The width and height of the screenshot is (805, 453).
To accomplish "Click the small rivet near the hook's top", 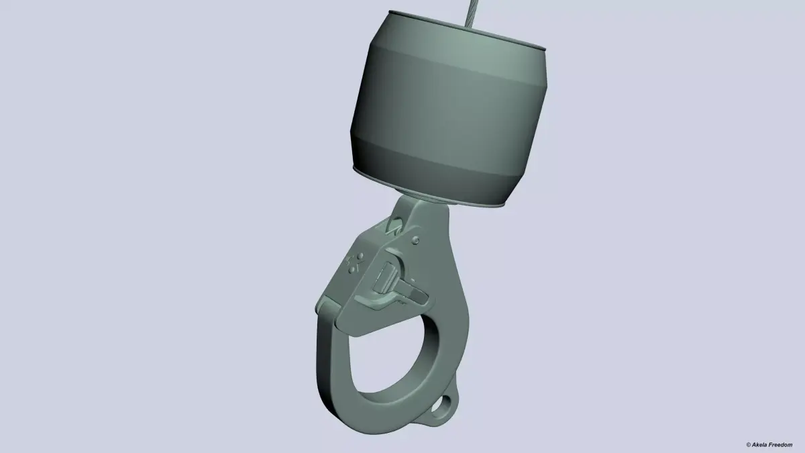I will (x=417, y=238).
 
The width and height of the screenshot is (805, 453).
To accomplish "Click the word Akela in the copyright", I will (x=761, y=444).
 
